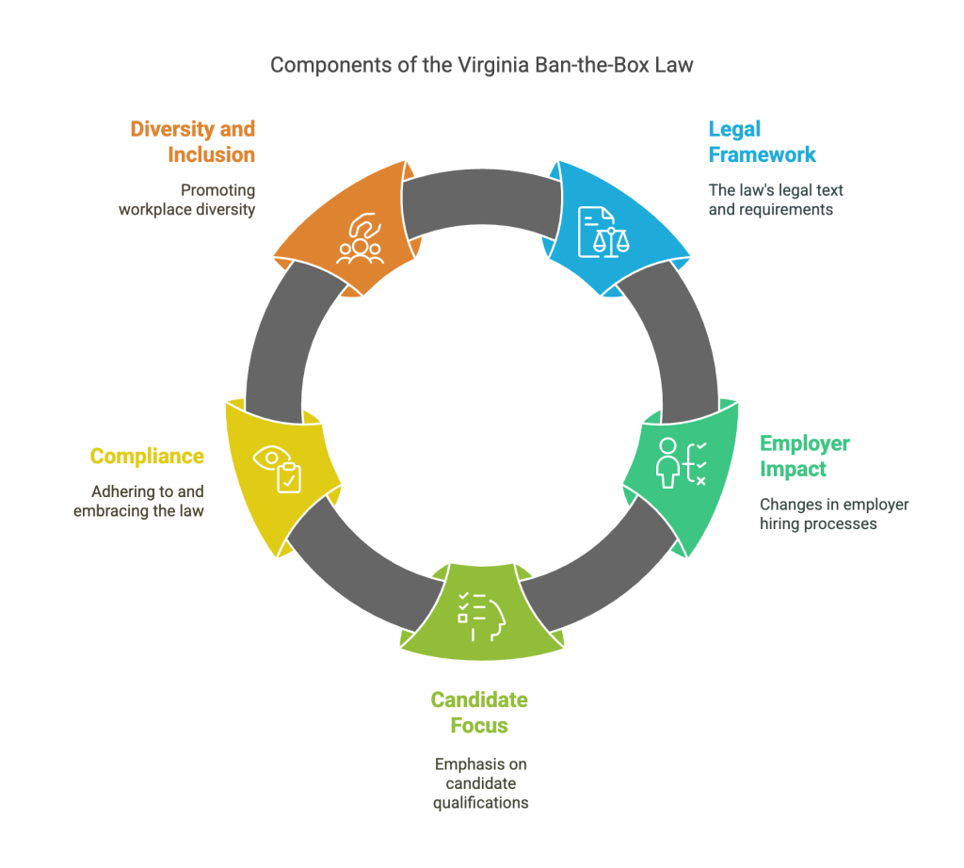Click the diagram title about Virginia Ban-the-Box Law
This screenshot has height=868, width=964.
[481, 65]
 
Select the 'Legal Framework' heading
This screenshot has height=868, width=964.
[762, 141]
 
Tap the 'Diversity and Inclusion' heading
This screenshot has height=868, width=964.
[192, 141]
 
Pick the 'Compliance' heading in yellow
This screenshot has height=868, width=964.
[147, 457]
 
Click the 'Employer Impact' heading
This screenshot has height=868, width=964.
[805, 456]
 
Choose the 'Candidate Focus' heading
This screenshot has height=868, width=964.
[479, 713]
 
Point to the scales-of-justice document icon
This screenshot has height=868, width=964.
[603, 232]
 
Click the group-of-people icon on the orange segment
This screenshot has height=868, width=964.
[361, 238]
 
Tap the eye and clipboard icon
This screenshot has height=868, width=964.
[278, 469]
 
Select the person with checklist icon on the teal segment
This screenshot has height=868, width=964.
[682, 463]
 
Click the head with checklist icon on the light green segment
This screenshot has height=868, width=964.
[481, 617]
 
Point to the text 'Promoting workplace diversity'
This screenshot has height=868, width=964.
[187, 200]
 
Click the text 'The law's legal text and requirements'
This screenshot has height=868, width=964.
[776, 200]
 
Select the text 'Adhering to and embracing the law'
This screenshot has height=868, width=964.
[139, 501]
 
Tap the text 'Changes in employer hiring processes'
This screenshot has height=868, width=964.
[834, 514]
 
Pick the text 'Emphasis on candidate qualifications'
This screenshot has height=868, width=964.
[481, 783]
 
